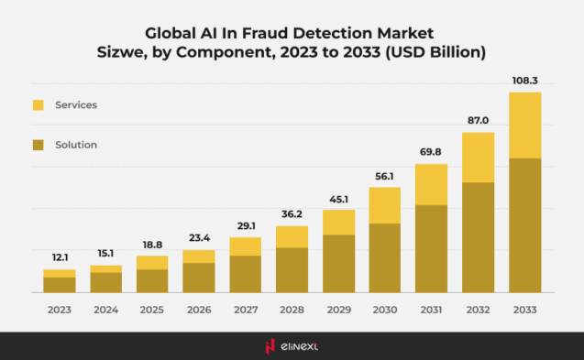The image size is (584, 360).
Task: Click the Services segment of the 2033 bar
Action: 525,125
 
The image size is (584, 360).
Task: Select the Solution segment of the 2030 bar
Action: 385,258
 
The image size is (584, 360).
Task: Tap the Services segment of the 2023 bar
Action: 60,273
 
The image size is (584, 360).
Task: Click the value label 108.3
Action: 525,81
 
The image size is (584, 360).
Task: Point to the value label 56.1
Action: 385,177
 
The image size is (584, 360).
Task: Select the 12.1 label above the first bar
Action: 60,258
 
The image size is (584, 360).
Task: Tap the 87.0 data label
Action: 479,121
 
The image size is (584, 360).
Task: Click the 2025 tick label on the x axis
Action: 152,310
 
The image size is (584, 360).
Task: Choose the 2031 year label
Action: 432,310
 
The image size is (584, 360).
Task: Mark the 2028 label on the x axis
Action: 292,310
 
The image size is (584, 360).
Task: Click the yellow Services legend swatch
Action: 39,105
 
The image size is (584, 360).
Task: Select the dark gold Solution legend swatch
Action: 39,145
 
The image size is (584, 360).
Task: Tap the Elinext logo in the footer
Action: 292,345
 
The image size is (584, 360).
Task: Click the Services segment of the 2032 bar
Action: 479,158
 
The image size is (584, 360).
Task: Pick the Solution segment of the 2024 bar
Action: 106,282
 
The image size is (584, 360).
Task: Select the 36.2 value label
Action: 292,215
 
